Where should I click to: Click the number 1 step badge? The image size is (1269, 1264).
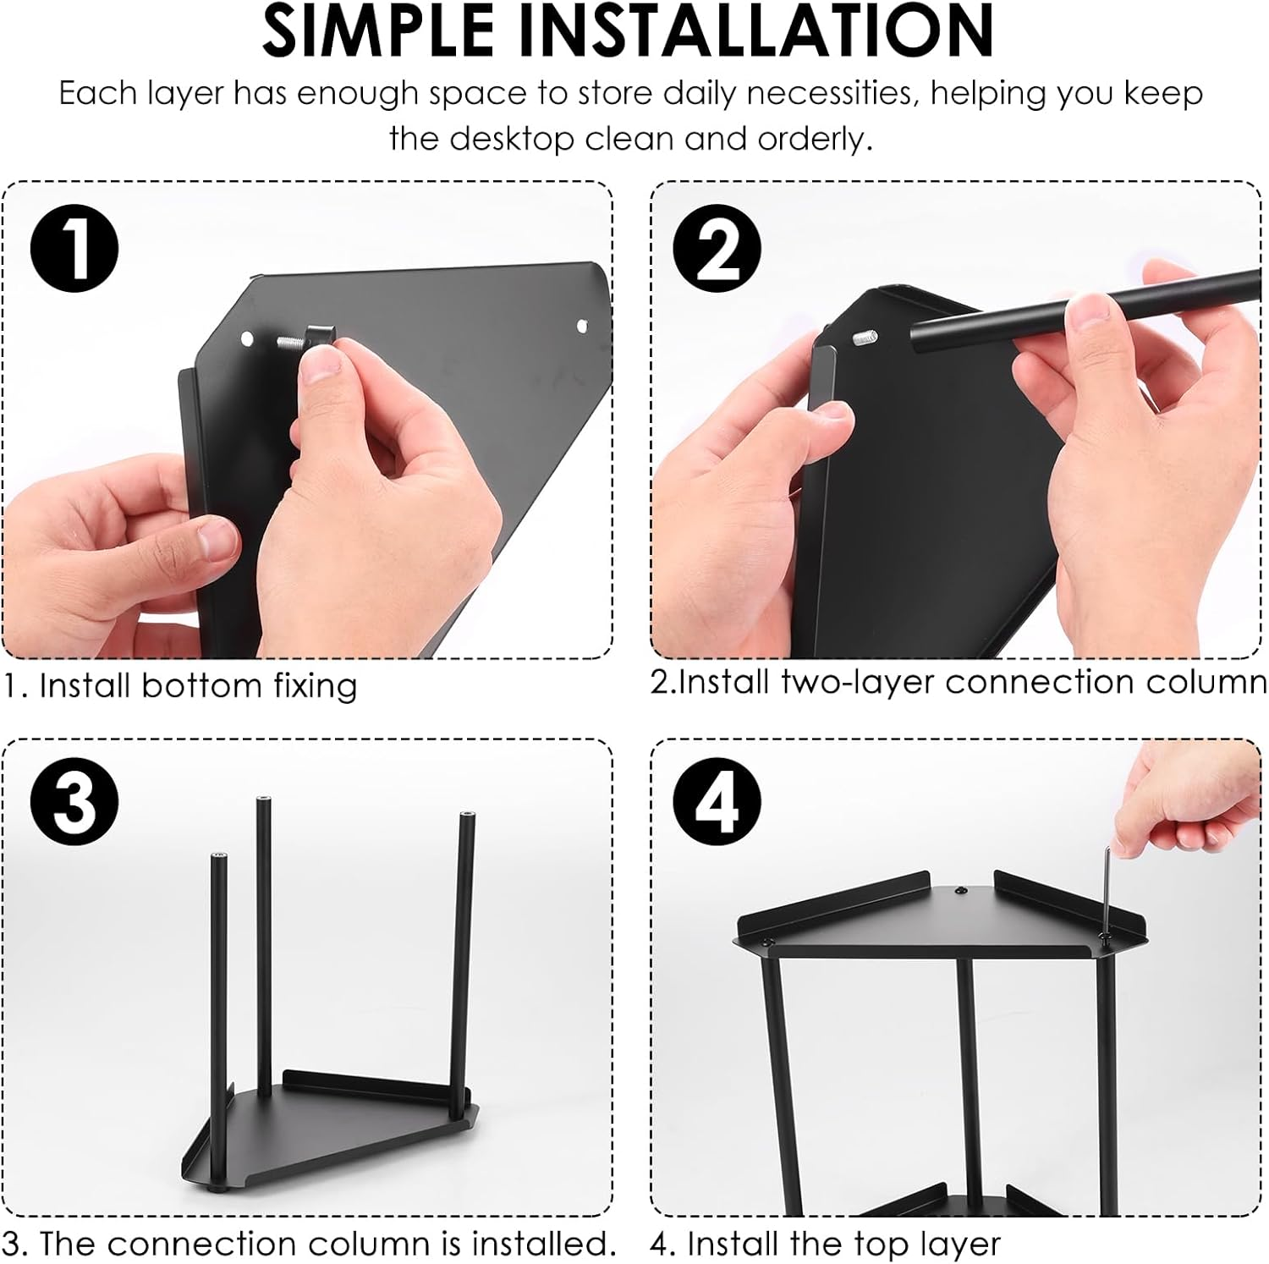pyautogui.click(x=74, y=249)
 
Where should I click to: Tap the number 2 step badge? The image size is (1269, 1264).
pyautogui.click(x=717, y=249)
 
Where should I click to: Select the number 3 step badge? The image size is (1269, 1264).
pyautogui.click(x=74, y=801)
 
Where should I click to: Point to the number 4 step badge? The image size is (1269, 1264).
pyautogui.click(x=717, y=801)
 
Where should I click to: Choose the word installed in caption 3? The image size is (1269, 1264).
pyautogui.click(x=542, y=1243)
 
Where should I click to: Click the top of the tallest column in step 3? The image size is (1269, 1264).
pyautogui.click(x=264, y=799)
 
